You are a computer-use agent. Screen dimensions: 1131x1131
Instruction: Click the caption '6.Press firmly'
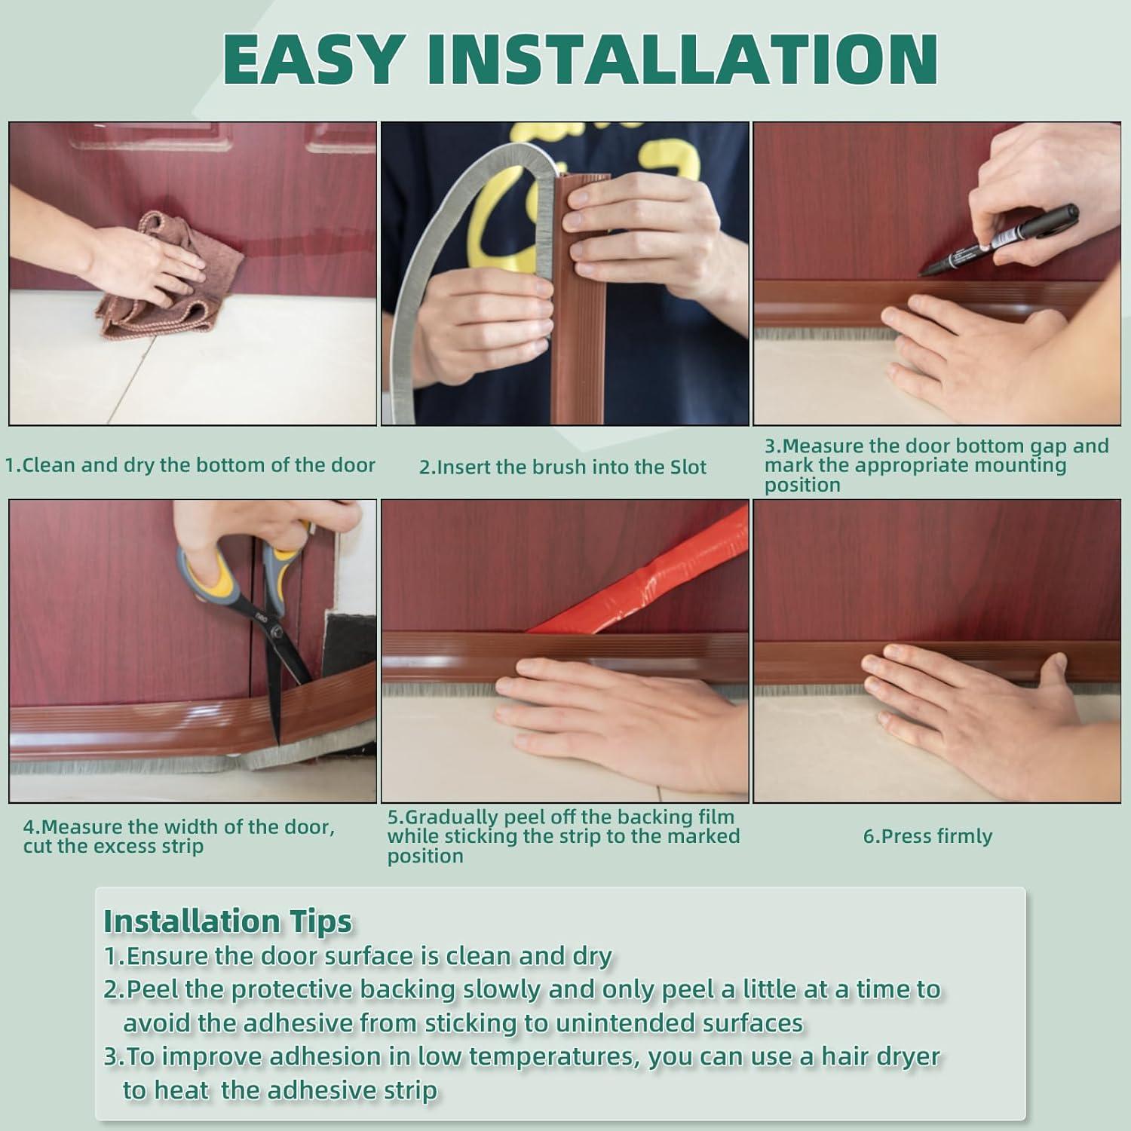tap(927, 836)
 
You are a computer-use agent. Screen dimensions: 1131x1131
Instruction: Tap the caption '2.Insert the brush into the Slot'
tap(562, 467)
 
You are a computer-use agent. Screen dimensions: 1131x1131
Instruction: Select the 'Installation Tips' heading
tap(228, 921)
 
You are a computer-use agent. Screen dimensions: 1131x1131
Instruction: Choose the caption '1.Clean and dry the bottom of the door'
tap(190, 465)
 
